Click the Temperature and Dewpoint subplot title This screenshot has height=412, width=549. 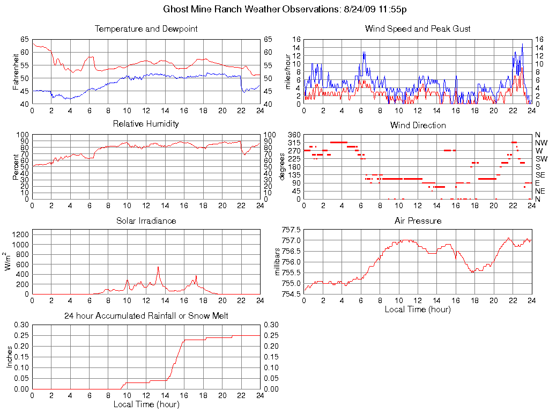click(146, 29)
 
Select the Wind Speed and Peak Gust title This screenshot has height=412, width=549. click(418, 29)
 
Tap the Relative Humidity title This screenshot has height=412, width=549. click(146, 124)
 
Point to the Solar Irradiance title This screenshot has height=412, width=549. click(146, 220)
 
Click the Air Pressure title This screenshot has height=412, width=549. click(418, 220)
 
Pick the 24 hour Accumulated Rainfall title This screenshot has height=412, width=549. click(146, 316)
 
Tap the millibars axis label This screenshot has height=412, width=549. click(278, 262)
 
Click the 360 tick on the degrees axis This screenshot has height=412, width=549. click(294, 134)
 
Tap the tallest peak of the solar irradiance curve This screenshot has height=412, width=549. click(158, 267)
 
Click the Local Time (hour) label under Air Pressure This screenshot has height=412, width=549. click(418, 310)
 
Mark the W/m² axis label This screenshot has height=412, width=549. click(9, 262)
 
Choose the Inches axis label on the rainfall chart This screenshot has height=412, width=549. click(10, 357)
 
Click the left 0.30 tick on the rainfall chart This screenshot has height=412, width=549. click(21, 325)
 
